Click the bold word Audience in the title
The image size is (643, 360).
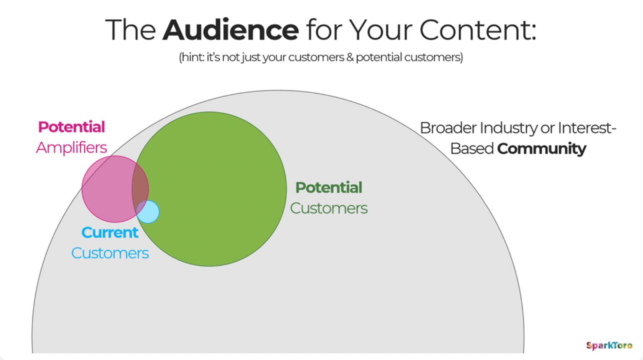click(230, 30)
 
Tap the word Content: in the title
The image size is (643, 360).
click(478, 30)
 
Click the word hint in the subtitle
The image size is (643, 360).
click(192, 57)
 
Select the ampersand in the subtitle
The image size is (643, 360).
click(350, 57)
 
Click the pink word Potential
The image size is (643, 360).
click(71, 127)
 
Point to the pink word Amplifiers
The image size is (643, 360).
click(71, 148)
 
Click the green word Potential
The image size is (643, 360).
click(329, 188)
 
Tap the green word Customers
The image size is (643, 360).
click(329, 208)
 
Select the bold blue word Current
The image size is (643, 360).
click(110, 232)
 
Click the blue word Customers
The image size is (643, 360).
click(110, 253)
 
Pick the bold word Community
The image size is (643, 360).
click(541, 149)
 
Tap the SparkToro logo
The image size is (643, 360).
click(609, 345)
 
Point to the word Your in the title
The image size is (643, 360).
click(380, 30)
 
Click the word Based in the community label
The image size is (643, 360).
click(472, 149)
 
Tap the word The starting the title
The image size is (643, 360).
click(131, 30)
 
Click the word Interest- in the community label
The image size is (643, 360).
click(587, 128)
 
